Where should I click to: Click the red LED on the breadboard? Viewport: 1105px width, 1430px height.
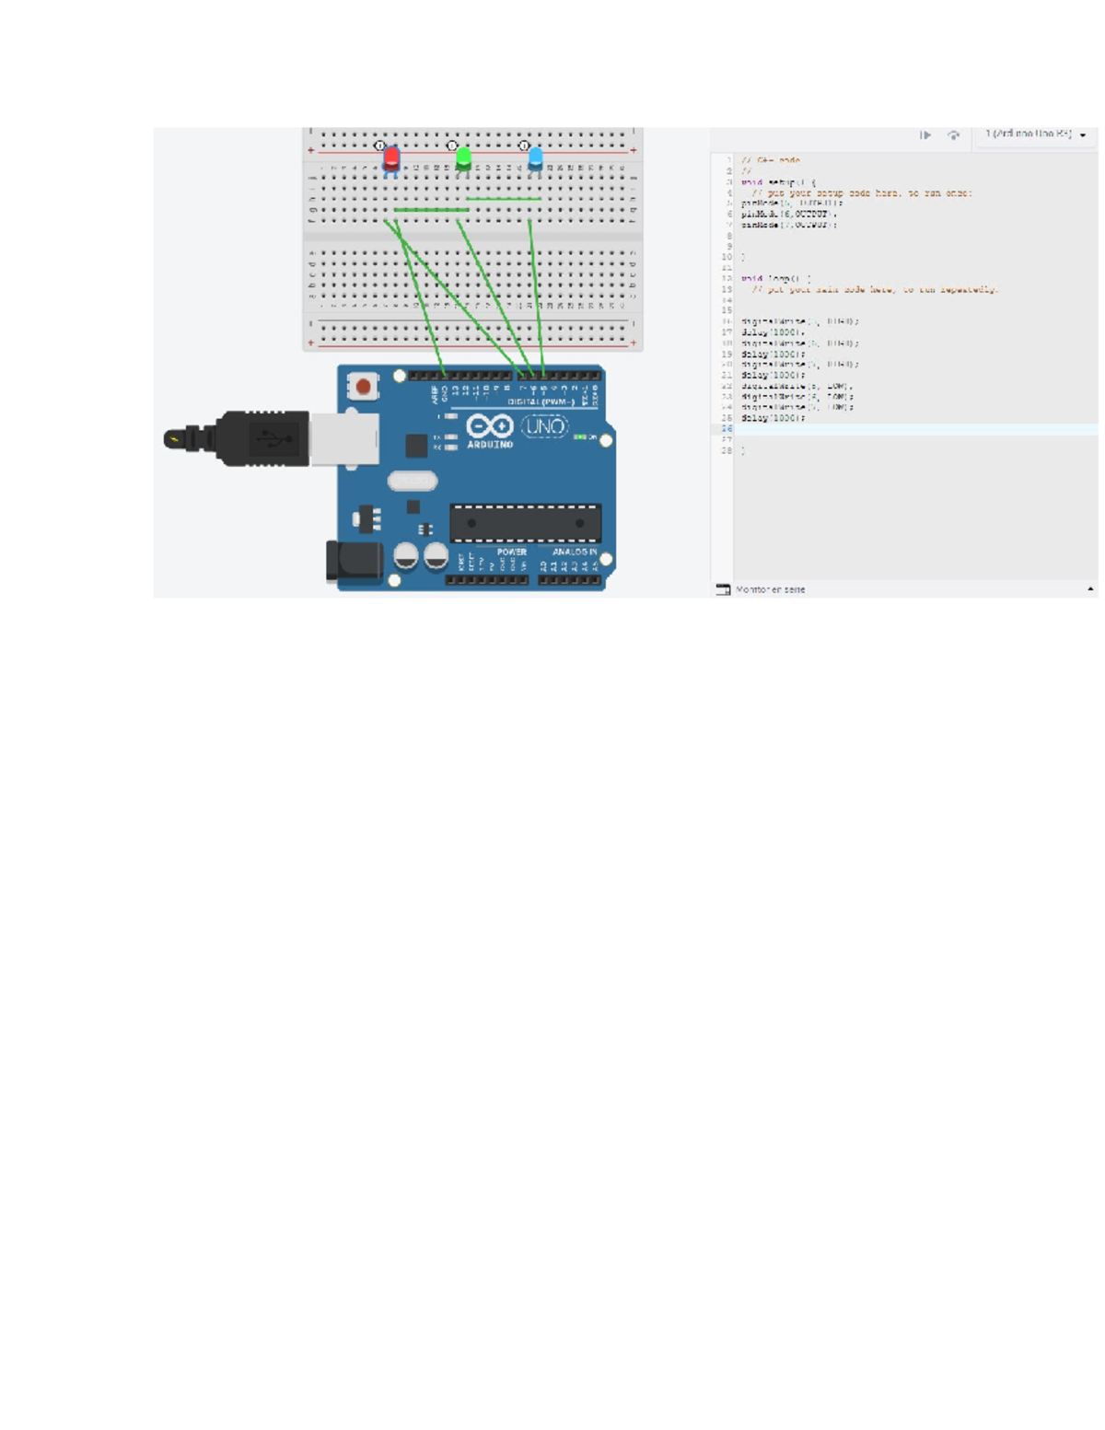click(391, 157)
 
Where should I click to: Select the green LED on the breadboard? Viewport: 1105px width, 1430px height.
click(463, 157)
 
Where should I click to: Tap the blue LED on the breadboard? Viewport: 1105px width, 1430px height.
click(535, 157)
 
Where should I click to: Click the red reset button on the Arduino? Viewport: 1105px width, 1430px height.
click(364, 387)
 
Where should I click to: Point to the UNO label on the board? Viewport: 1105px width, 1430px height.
click(545, 427)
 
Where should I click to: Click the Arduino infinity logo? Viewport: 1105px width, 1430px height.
click(489, 426)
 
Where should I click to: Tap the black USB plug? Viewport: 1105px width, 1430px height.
click(262, 438)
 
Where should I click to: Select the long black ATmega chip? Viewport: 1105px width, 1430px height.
click(525, 523)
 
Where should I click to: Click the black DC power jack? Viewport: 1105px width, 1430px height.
click(353, 562)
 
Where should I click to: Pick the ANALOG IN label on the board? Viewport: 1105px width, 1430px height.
click(575, 552)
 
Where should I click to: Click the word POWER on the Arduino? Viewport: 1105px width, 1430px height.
click(511, 552)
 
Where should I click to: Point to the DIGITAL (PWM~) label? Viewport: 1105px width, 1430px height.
click(541, 402)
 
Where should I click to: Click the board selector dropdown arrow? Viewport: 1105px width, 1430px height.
click(1083, 135)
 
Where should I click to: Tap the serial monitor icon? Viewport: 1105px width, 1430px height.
click(723, 589)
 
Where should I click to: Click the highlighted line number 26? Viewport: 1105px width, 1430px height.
click(727, 429)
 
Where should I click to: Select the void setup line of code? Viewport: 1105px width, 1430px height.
click(777, 182)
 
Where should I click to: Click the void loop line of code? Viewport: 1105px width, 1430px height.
click(775, 278)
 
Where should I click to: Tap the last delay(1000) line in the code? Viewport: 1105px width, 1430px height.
click(773, 418)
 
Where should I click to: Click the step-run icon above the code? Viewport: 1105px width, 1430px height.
click(925, 135)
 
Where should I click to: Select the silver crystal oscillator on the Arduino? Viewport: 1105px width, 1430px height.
click(412, 481)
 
